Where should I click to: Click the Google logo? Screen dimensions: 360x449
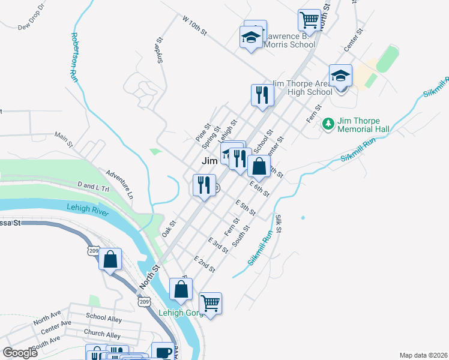tap(20, 353)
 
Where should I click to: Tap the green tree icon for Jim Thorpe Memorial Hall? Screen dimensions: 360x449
tap(328, 124)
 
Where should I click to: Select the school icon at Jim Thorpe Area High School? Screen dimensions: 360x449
tap(340, 76)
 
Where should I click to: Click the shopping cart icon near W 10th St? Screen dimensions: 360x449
tap(309, 20)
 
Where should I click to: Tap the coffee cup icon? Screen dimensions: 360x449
tap(162, 352)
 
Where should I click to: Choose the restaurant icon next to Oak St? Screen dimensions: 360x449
tap(204, 185)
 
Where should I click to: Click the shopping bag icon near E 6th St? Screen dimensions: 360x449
tap(259, 166)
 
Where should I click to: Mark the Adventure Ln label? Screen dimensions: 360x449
tap(119, 185)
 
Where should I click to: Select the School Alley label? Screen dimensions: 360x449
tap(104, 317)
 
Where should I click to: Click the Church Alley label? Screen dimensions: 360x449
tap(102, 334)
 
